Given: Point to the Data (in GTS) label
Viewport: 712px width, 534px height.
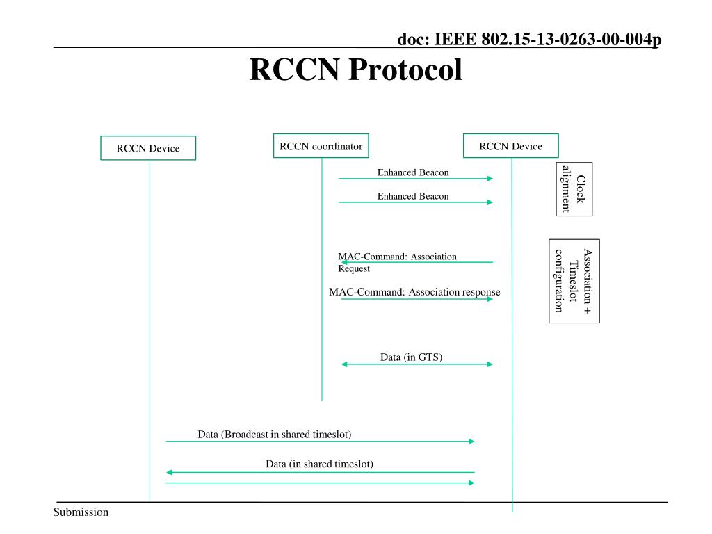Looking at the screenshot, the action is [412, 357].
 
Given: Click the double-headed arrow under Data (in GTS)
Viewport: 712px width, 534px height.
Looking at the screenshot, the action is [417, 364].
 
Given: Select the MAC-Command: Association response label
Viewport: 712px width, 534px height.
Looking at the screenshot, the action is [414, 291].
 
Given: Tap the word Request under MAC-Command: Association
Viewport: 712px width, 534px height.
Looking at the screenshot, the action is [354, 268].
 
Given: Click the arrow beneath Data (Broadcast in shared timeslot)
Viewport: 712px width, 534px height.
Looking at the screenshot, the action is [320, 442].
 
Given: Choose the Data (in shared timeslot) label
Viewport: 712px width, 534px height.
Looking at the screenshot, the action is [319, 464].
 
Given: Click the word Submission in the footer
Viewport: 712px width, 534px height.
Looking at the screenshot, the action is [81, 512].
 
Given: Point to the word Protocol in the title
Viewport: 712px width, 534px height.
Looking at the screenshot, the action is [405, 70].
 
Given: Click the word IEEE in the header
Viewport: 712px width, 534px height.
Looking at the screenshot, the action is [455, 39].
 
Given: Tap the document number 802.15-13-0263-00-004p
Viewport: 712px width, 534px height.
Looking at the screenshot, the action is [572, 39].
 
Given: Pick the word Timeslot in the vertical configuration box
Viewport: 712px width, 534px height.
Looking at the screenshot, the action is [574, 281].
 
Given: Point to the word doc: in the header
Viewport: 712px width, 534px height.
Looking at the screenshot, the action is [414, 39].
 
